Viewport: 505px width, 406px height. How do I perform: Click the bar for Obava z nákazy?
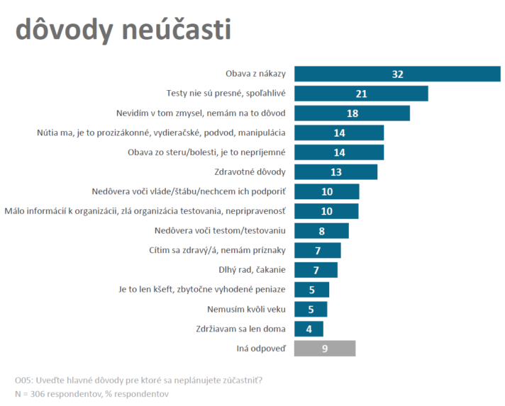[x=397, y=74]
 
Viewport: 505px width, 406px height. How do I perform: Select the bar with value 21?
[x=361, y=94]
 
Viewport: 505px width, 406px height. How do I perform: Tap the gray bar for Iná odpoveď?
[x=324, y=348]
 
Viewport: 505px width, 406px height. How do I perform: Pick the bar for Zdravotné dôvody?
[x=335, y=172]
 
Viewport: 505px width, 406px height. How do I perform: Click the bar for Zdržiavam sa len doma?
[x=309, y=329]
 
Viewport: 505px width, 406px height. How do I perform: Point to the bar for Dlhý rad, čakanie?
[x=316, y=270]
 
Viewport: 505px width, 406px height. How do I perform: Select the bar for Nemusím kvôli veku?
[x=311, y=309]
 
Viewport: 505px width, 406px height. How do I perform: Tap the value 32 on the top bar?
[x=397, y=74]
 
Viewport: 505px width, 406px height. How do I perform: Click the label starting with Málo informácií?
[x=146, y=211]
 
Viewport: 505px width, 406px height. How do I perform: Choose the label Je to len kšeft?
[x=202, y=289]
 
